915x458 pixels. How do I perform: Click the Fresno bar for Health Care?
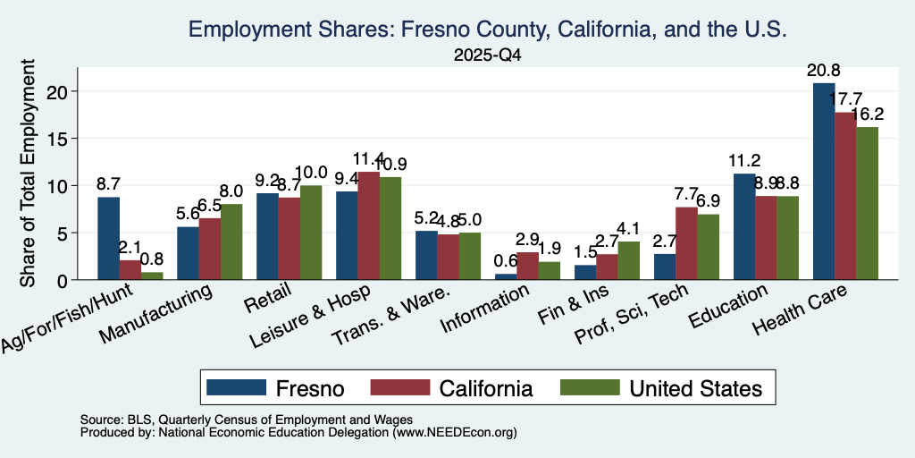823,181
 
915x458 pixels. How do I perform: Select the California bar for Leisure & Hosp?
368,225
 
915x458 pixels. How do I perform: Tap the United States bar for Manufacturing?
231,242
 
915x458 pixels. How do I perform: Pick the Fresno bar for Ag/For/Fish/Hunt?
108,238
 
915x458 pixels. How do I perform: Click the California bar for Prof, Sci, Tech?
686,243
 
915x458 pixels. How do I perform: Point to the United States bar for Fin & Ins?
628,260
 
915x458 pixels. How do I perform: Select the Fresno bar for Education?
744,226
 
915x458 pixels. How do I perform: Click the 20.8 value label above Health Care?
823,72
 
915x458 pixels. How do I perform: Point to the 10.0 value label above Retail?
311,173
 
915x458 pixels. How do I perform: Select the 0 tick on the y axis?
64,280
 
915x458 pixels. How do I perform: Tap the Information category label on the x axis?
485,309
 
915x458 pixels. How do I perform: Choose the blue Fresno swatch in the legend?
236,387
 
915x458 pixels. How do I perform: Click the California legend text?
486,388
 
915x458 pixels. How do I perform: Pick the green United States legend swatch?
590,387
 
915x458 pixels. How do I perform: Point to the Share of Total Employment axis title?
28,173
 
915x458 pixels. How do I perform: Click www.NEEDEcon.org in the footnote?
454,433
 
